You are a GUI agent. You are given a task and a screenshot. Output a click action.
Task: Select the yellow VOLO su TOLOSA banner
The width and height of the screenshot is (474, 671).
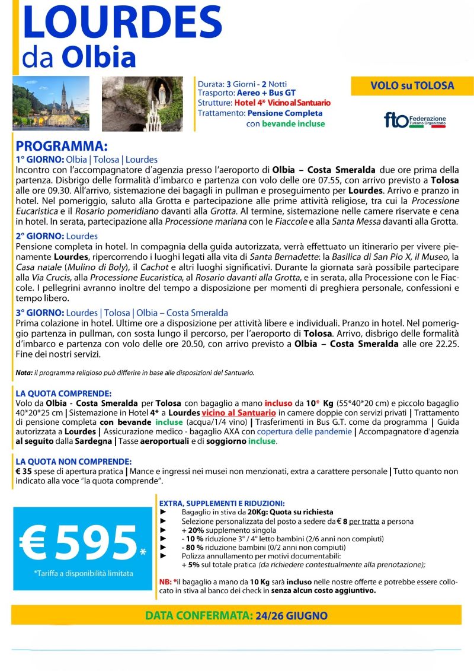pyautogui.click(x=412, y=86)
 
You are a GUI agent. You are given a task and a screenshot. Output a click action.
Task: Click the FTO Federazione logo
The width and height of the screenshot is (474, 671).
pyautogui.click(x=415, y=120)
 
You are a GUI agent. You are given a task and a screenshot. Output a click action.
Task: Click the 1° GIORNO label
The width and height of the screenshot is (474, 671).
pyautogui.click(x=40, y=160)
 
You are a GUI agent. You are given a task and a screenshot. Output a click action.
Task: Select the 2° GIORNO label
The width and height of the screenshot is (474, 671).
pyautogui.click(x=40, y=236)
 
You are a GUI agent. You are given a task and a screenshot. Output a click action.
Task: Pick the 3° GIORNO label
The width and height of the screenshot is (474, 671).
pyautogui.click(x=40, y=313)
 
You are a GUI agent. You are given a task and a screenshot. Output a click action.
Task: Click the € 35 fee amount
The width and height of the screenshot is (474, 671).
pyautogui.click(x=26, y=472)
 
